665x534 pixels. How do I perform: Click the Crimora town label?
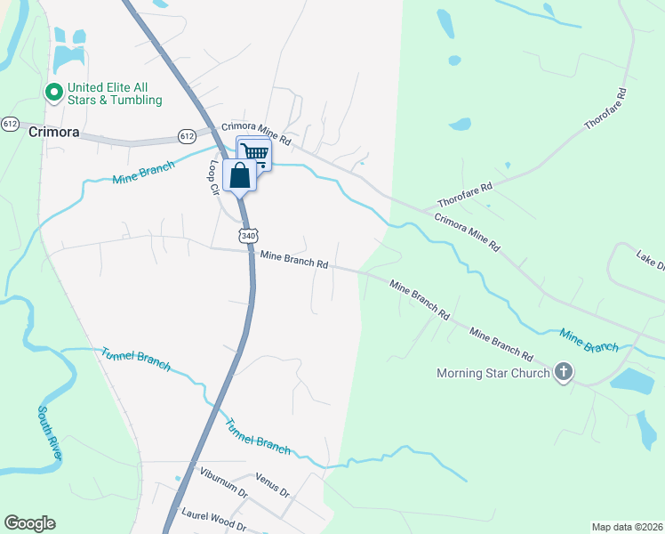[x=54, y=132]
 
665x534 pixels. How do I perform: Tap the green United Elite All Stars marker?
[x=53, y=92]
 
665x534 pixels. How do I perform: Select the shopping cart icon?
[x=255, y=153]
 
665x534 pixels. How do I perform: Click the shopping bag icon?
[x=240, y=174]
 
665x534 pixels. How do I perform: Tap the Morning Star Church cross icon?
[x=563, y=373]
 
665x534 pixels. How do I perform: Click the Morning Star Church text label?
[x=493, y=373]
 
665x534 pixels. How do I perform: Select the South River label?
[x=50, y=433]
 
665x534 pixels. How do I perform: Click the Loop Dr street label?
[x=213, y=178]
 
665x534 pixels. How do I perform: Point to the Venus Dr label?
[x=272, y=485]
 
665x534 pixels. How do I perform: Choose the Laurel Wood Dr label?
[x=213, y=519]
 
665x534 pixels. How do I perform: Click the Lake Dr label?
[x=650, y=263]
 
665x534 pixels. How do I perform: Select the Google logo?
[x=29, y=523]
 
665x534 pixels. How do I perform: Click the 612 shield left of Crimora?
[x=11, y=123]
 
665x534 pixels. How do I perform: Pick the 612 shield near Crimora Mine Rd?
[x=187, y=136]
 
